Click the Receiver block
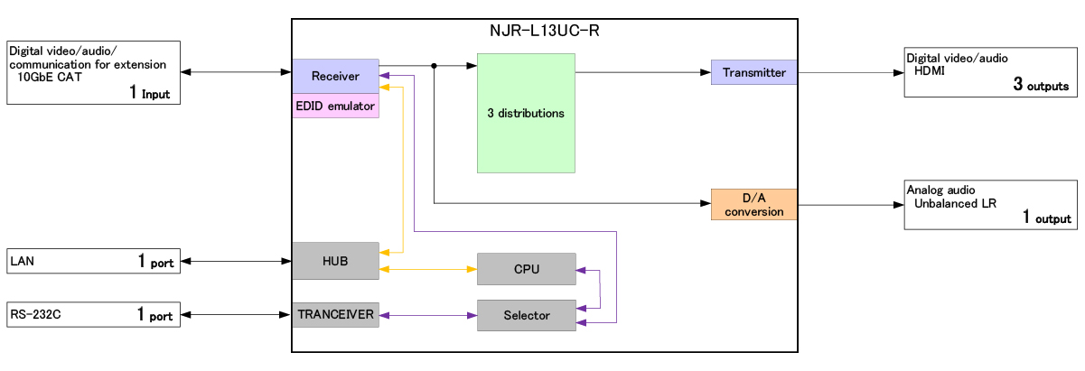click(x=335, y=76)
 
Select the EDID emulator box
click(x=335, y=106)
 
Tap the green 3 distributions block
click(x=526, y=113)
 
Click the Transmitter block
click(x=754, y=72)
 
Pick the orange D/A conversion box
click(x=754, y=204)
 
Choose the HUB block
click(x=335, y=261)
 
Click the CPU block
click(x=526, y=269)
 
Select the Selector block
click(x=526, y=315)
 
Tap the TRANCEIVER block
click(x=335, y=315)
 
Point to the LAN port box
click(x=94, y=261)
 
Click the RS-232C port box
click(x=94, y=315)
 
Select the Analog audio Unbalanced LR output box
click(x=989, y=204)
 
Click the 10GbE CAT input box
click(x=94, y=72)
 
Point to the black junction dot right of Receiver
click(x=435, y=66)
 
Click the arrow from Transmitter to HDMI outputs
click(x=849, y=72)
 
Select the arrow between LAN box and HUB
click(x=236, y=262)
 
